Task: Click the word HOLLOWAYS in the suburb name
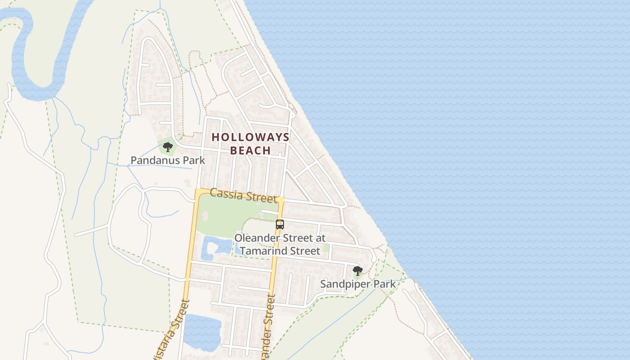point(251,137)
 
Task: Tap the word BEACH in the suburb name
point(251,150)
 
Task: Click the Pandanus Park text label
point(167,160)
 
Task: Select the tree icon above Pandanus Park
point(167,147)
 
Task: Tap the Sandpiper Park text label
point(358,284)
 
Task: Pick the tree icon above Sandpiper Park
point(358,271)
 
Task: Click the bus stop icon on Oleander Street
point(280,224)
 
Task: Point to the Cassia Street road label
point(243,195)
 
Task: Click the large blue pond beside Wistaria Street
point(202,332)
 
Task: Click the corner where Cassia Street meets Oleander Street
point(281,200)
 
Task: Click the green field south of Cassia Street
point(225,216)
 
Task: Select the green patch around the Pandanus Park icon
point(162,143)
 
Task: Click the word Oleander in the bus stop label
point(255,238)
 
